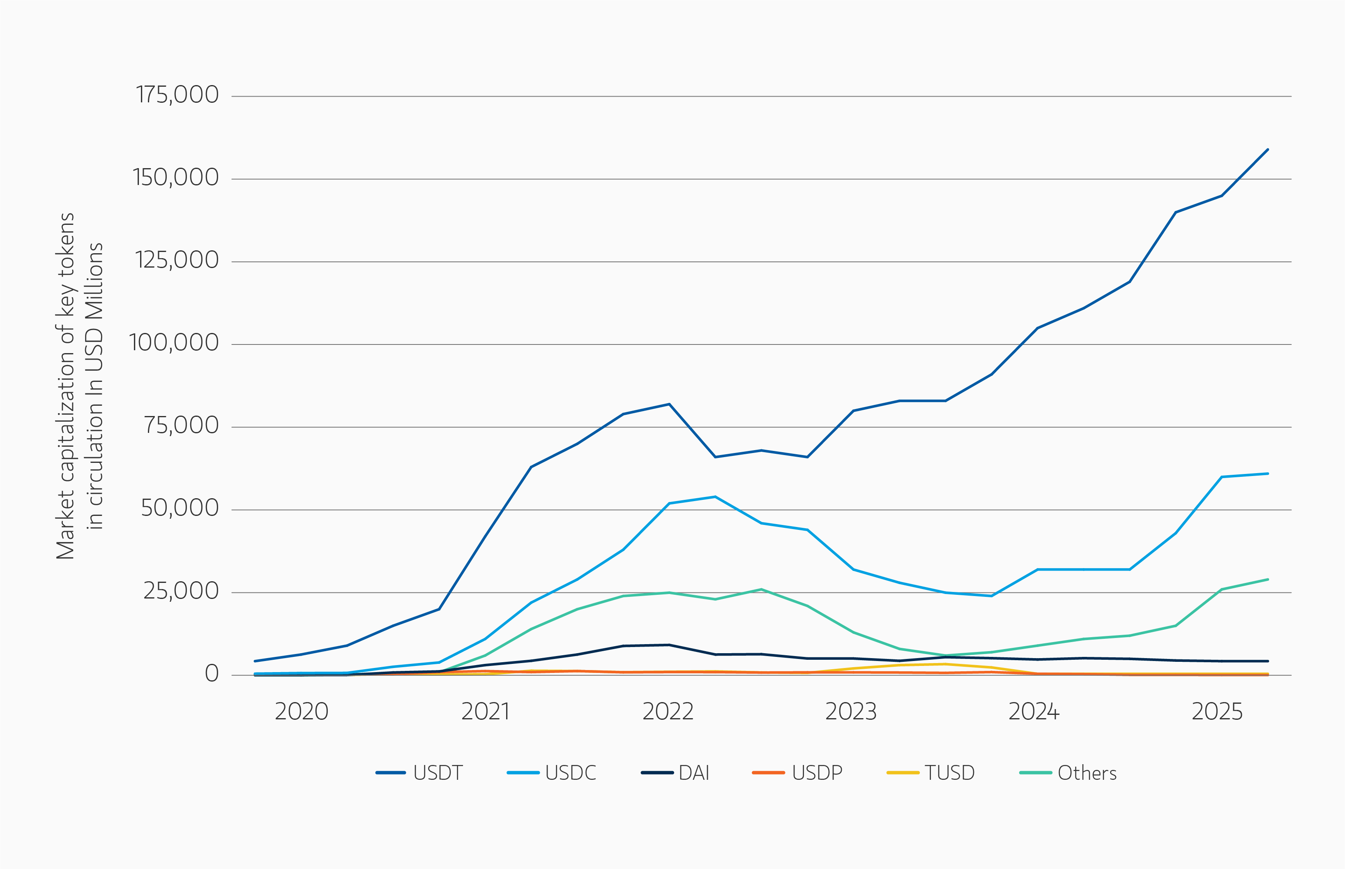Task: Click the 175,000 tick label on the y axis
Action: click(x=177, y=95)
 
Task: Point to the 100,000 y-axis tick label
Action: click(x=174, y=342)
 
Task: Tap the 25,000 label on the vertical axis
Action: click(x=180, y=591)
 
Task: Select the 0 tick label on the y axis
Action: click(x=212, y=674)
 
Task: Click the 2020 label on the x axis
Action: click(x=301, y=712)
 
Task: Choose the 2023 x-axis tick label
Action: click(x=850, y=712)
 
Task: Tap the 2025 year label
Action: click(x=1217, y=712)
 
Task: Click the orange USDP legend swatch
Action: click(x=768, y=772)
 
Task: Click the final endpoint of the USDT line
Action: click(x=1268, y=150)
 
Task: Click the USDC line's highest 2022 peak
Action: click(x=715, y=497)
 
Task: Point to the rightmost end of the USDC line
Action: click(x=1268, y=474)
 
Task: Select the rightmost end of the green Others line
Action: click(x=1268, y=580)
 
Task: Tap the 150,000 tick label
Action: click(x=175, y=178)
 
